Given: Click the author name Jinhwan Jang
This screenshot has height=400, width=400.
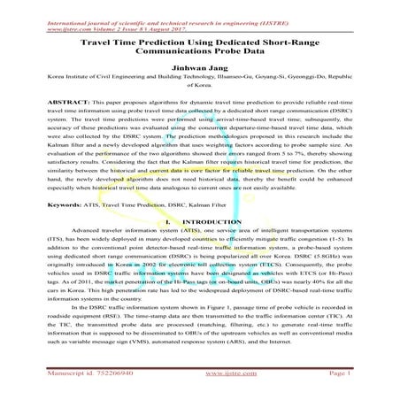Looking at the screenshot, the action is tap(200, 66).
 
